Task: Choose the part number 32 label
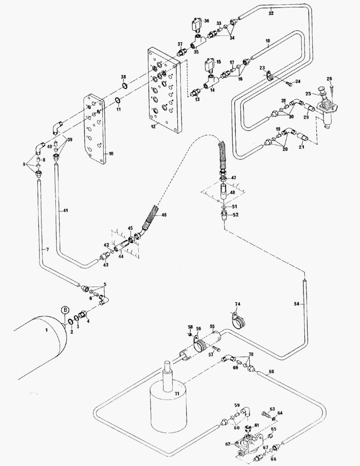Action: (271, 13)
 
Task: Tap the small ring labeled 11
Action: (118, 102)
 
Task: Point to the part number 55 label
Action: (212, 327)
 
